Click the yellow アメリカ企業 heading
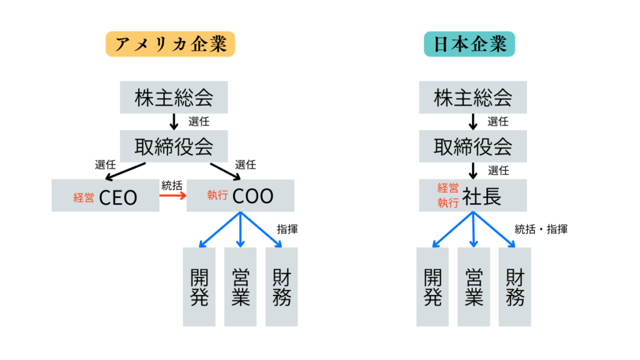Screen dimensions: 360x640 coord(170,44)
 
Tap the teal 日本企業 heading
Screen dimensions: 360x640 coord(469,44)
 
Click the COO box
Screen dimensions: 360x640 coord(241,196)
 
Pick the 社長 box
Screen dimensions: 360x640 coord(472,196)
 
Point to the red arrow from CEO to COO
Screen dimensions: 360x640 coord(172,196)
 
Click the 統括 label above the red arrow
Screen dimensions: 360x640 coord(172,185)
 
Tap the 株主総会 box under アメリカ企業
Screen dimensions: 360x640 coord(174,97)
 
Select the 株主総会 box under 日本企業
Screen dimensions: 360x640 coord(472,97)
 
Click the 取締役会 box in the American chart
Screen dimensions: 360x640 coord(174,146)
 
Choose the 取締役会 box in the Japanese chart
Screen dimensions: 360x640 coord(472,146)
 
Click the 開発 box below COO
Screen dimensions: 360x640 coord(199,287)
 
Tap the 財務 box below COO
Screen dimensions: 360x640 coord(281,287)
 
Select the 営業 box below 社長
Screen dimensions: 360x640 coord(473,287)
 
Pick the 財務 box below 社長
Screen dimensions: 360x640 coord(514,287)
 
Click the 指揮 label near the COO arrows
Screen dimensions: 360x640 coord(287,229)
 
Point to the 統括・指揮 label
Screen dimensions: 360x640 coord(541,229)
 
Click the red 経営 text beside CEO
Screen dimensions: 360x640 coord(84,197)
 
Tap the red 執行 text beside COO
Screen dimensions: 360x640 coord(217,196)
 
